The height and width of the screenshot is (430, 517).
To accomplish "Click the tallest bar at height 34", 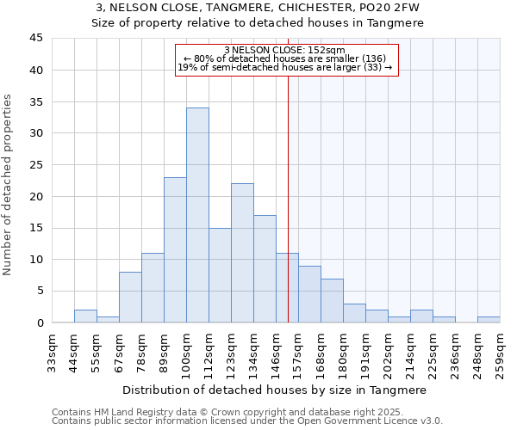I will pos(197,215).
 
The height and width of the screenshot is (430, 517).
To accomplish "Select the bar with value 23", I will pos(175,249).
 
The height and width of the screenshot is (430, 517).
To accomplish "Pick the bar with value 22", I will pos(242,253).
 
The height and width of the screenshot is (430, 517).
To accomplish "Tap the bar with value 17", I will pos(265,268).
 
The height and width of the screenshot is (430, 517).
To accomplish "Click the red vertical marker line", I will pos(288,198).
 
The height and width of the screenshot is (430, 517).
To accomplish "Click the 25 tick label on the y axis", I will pos(36,165).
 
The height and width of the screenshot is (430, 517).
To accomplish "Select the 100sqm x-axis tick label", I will pos(187,354).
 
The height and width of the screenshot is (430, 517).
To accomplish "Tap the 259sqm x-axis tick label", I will pos(501,354).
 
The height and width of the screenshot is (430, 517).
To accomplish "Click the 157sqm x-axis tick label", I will pos(299,354).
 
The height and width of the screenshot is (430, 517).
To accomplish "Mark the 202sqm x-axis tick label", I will pos(389,354).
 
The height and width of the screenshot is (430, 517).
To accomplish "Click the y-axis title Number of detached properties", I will pos(9,186).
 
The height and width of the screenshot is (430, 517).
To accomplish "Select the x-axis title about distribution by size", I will pos(275,390).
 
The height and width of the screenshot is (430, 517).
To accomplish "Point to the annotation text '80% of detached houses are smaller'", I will pos(287,58).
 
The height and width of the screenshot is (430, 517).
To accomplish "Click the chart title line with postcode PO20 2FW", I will pos(258,7).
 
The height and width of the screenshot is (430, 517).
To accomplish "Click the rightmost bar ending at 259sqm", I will pos(489,320).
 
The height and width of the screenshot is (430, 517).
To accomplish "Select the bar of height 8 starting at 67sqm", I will pos(130,298).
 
